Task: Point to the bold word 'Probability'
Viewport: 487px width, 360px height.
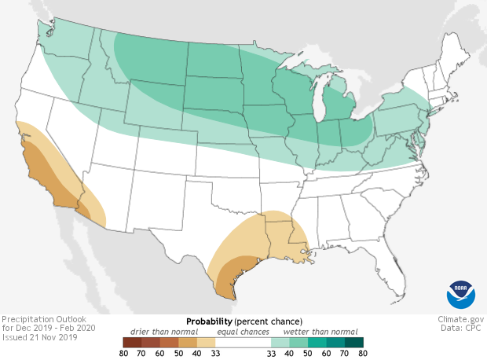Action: click(x=208, y=322)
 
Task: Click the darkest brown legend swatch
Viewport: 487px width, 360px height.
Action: click(x=131, y=343)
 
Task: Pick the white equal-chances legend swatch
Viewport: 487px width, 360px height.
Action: click(x=243, y=343)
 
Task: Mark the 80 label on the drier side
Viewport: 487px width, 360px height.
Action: click(x=123, y=354)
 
